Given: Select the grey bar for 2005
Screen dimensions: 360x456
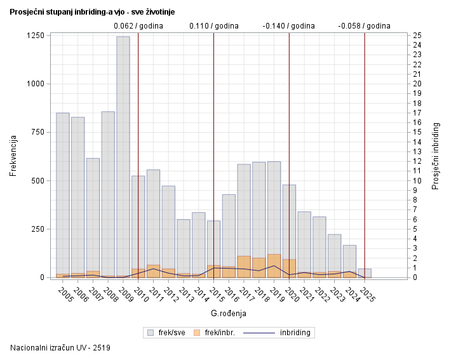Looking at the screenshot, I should (x=63, y=190).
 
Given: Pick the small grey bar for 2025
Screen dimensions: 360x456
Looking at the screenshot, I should (x=365, y=273).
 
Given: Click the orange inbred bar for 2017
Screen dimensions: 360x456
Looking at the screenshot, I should (x=244, y=267).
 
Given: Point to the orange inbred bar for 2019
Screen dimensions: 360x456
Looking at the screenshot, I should (x=274, y=265).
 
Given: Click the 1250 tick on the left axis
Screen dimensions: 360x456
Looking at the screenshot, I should (x=35, y=36).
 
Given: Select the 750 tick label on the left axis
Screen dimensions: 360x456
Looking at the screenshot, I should (x=37, y=132).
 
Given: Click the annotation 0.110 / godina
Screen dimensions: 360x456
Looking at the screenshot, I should (x=214, y=26).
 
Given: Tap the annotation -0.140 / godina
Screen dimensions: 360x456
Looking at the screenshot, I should (x=289, y=26).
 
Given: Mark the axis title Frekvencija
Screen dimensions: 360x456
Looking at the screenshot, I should (x=13, y=156).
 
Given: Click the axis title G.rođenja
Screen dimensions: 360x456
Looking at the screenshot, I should (x=228, y=313).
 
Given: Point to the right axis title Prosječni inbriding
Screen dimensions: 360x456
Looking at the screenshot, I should (x=436, y=156).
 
